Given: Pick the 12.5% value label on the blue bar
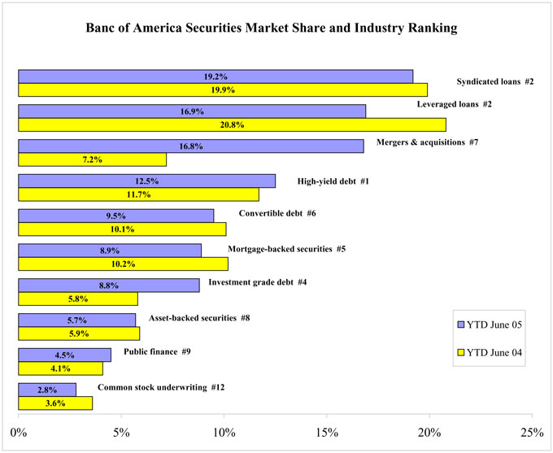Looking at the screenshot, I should pos(147,181).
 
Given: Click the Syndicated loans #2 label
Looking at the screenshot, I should pos(495,83).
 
